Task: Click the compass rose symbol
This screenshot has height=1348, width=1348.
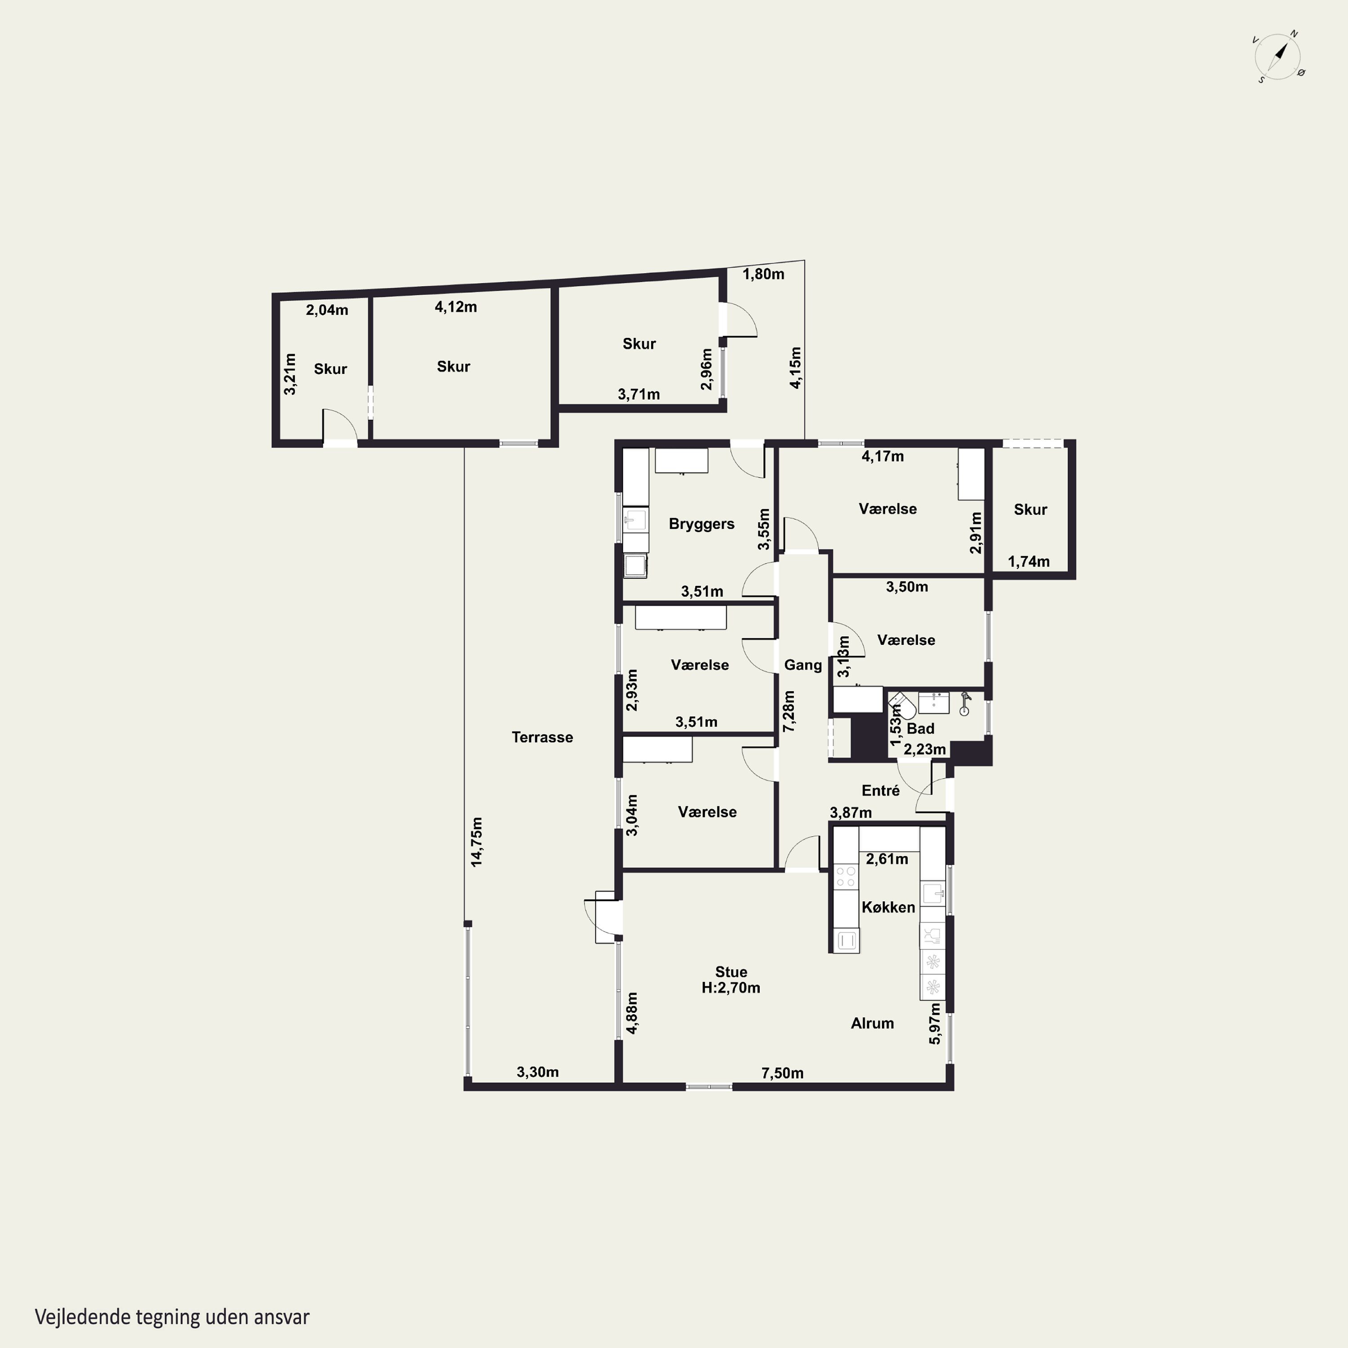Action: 1279,57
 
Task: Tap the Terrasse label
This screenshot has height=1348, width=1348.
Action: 542,737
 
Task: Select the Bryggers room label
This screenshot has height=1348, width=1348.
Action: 701,524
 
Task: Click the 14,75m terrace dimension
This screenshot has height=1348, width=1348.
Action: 477,842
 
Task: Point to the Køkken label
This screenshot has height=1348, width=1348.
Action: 887,907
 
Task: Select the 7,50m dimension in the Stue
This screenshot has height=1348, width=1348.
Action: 782,1073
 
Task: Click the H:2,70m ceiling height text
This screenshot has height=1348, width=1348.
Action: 731,988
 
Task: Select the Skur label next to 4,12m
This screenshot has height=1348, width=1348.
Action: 453,366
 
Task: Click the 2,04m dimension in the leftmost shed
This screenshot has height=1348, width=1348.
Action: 327,310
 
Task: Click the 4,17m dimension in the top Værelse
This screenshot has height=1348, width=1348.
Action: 882,457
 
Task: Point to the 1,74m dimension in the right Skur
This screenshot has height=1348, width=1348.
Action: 1029,561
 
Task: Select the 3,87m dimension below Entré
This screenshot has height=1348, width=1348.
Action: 851,812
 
